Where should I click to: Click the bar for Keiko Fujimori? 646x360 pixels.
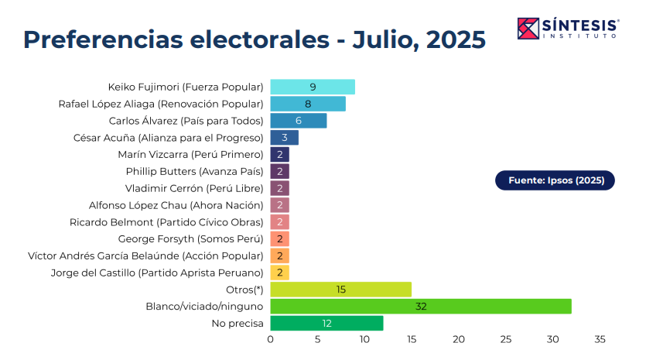313,87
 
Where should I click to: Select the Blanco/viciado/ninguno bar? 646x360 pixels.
420,306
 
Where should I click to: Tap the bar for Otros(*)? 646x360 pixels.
340,289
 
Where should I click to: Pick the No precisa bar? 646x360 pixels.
326,323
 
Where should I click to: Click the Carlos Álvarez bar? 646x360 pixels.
299,121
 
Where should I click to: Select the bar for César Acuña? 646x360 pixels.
285,138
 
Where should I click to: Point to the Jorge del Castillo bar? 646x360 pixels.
279,273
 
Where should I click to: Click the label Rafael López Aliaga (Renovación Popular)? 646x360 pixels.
161,104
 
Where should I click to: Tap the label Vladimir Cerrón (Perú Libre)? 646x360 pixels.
194,188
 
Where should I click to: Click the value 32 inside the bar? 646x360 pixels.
421,306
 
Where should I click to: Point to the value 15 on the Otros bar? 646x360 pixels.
341,289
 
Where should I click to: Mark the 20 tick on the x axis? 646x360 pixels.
459,339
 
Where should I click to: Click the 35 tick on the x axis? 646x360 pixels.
600,339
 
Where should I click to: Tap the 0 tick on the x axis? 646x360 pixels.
271,339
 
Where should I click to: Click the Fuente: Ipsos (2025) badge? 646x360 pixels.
555,180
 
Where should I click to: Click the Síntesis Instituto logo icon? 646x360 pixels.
528,28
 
